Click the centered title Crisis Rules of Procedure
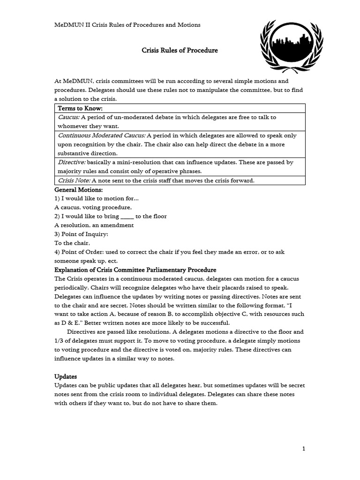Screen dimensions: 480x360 point(180,50)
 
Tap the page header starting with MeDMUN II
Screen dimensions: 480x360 point(127,25)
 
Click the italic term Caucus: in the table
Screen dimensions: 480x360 point(69,117)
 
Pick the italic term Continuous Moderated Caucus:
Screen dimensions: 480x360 point(101,135)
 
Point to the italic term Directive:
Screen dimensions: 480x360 point(71,162)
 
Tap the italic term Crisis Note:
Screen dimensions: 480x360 point(74,180)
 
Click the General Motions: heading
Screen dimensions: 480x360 point(78,189)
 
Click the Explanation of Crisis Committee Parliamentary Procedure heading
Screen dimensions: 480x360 point(135,270)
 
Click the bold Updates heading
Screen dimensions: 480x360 point(66,376)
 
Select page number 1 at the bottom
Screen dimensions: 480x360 point(304,449)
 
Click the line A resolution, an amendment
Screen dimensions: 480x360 point(94,225)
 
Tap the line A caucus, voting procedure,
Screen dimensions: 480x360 point(93,207)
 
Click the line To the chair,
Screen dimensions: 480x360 point(72,243)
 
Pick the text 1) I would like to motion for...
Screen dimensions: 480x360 point(97,198)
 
